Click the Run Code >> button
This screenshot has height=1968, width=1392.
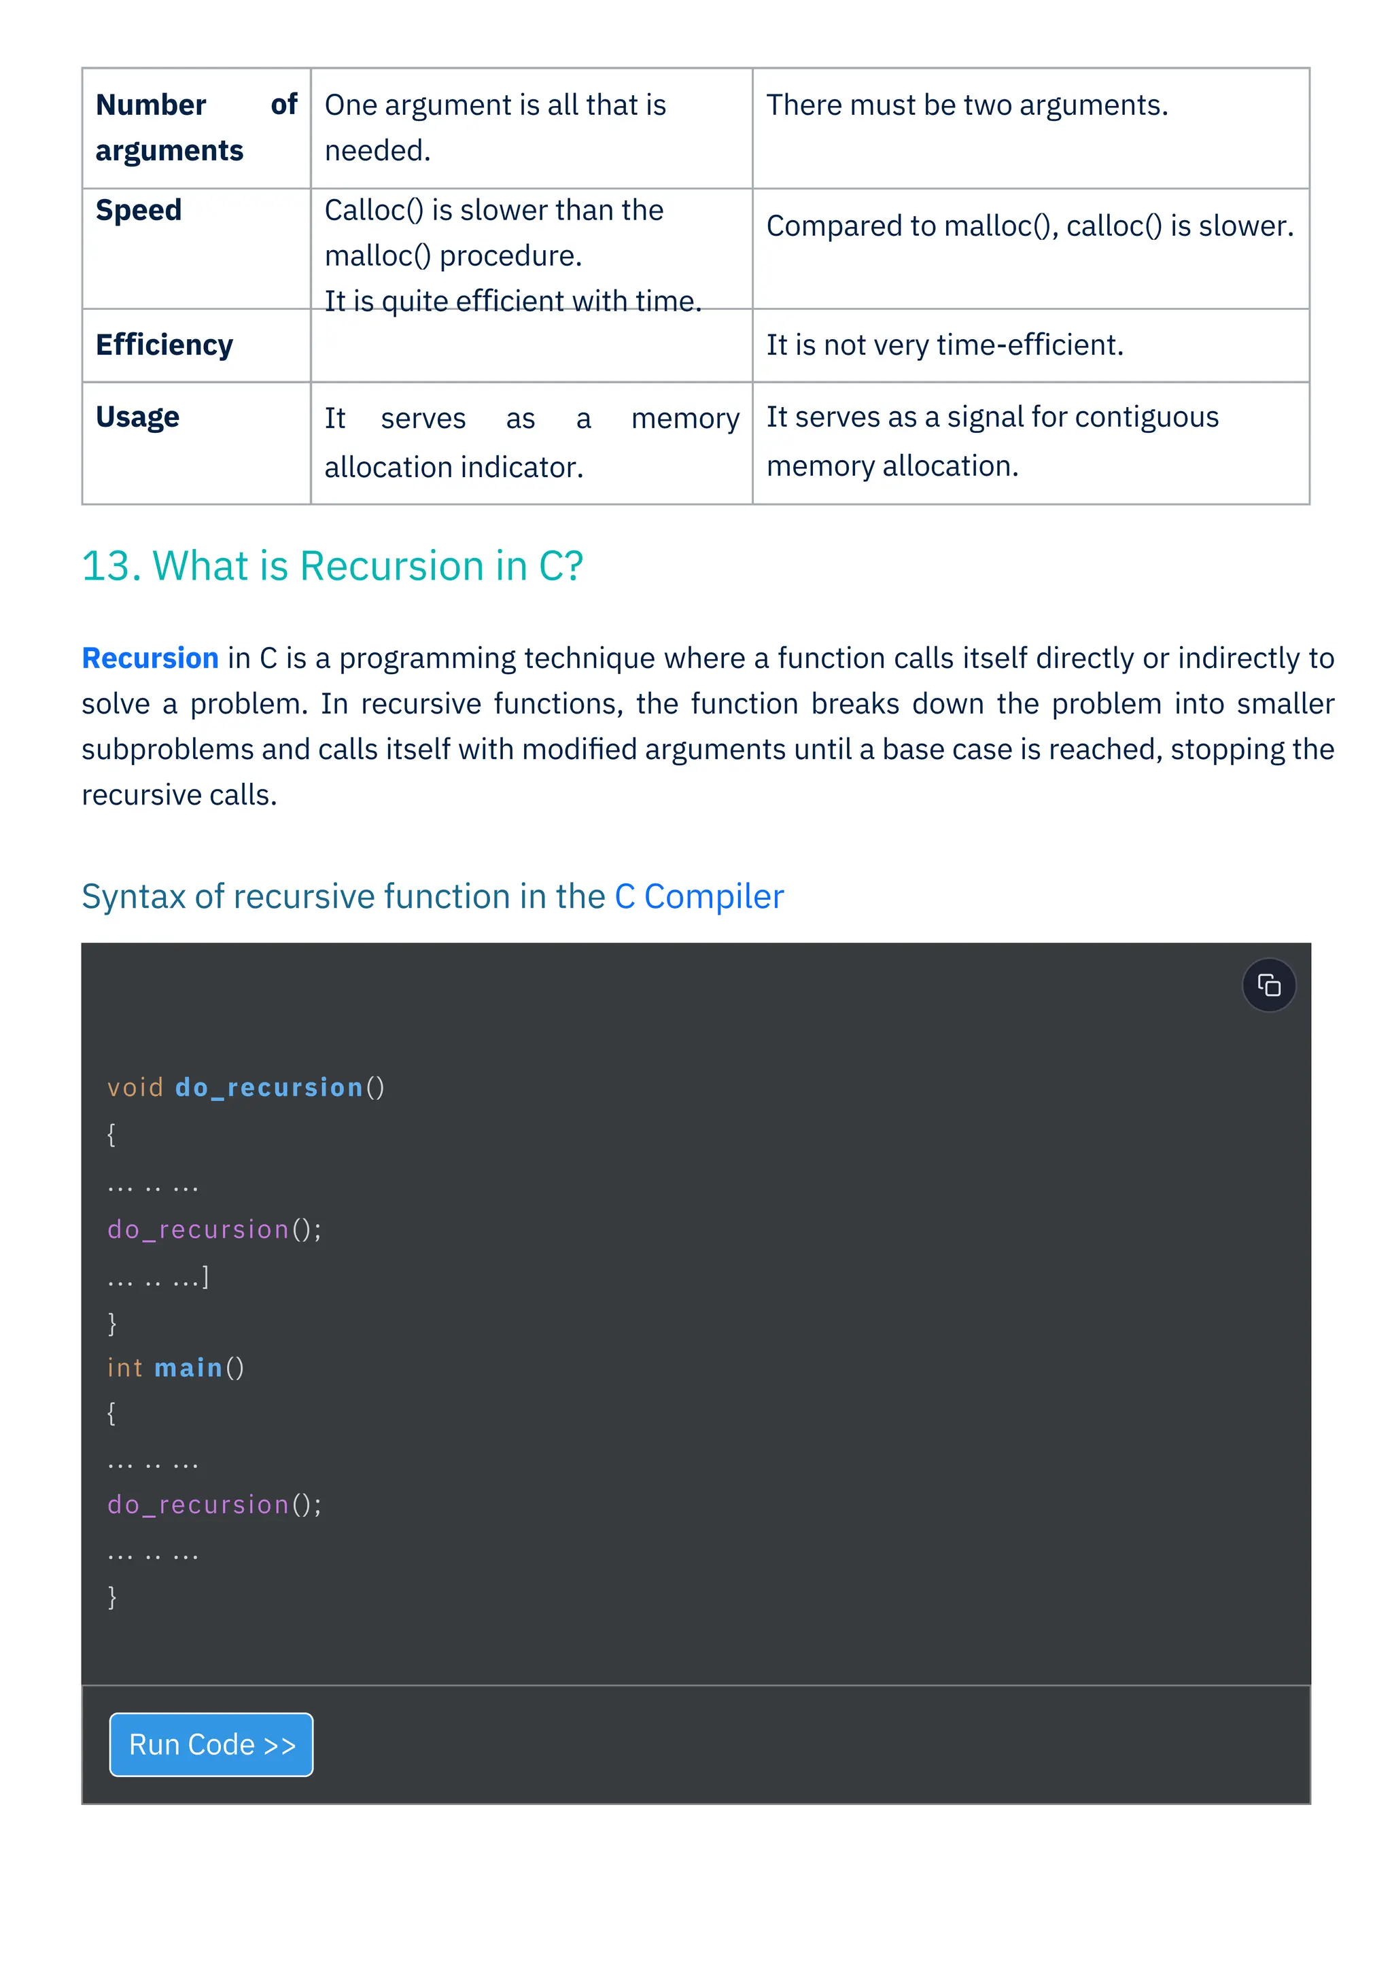click(211, 1744)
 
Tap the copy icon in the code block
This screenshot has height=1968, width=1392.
click(1268, 985)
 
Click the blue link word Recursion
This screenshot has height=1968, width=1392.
click(150, 658)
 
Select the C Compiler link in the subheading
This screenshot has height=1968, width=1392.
click(699, 896)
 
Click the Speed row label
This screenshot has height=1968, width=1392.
click(139, 210)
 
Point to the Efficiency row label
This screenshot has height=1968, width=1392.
click(164, 345)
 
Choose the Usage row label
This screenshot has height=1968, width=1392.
click(137, 417)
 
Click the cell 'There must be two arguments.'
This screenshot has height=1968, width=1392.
click(967, 105)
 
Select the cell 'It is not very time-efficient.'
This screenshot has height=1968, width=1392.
click(945, 345)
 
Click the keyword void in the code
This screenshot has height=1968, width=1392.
click(135, 1088)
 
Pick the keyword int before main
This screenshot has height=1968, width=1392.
click(125, 1368)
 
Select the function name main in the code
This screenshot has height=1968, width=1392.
click(188, 1368)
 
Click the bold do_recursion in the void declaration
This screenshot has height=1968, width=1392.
click(269, 1088)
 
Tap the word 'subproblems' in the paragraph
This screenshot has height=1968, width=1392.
click(168, 750)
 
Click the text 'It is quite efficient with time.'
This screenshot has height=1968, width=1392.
click(512, 301)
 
